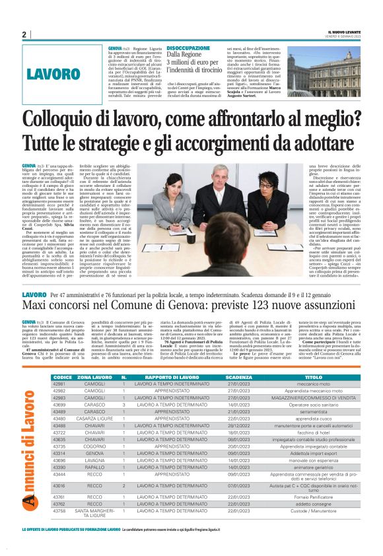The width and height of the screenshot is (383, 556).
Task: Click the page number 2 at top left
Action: click(x=23, y=34)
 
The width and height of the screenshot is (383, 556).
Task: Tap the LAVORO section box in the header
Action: click(x=64, y=74)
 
